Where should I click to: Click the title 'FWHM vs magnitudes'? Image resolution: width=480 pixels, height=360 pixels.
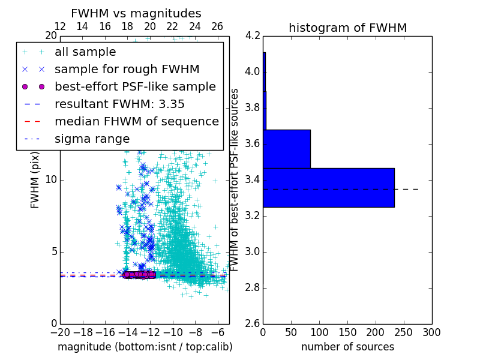click(x=136, y=13)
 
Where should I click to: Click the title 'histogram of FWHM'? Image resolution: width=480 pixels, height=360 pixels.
click(x=347, y=28)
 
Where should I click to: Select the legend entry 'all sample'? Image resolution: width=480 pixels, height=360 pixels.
click(x=85, y=52)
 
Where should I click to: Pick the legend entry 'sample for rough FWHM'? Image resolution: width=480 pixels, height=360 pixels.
click(x=127, y=69)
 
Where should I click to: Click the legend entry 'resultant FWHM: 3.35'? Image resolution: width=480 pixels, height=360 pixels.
click(x=119, y=104)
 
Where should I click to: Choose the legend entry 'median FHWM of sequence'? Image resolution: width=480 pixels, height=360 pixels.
click(x=136, y=121)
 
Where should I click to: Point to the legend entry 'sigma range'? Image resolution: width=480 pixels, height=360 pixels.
click(x=92, y=139)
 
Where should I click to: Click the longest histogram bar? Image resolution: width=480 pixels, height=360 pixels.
click(x=328, y=187)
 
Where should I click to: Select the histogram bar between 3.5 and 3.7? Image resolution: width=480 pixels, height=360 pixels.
click(x=286, y=149)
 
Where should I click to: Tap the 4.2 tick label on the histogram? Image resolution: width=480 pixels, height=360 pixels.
click(x=253, y=36)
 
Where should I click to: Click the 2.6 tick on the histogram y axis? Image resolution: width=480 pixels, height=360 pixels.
click(x=253, y=323)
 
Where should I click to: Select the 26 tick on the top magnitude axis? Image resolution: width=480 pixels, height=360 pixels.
click(x=217, y=26)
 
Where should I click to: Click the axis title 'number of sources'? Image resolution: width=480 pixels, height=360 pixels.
click(x=347, y=347)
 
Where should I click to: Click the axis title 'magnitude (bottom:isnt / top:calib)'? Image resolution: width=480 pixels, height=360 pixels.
click(x=145, y=347)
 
